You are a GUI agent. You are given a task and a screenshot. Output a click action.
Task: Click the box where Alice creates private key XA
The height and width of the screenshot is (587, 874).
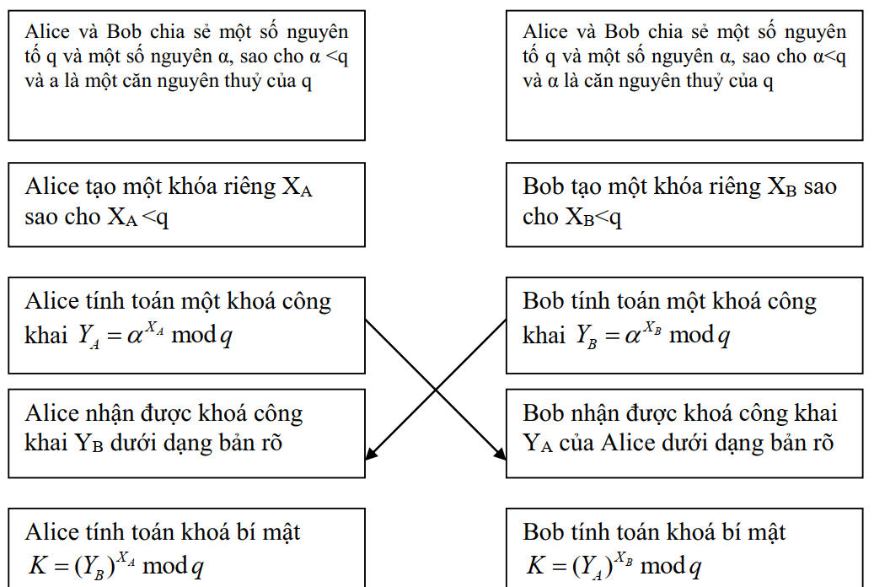pos(186,204)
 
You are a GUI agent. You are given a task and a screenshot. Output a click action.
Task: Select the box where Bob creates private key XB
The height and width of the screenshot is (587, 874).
pos(684,204)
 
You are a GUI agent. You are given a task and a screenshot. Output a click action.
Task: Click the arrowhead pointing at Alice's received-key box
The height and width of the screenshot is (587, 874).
pos(370,455)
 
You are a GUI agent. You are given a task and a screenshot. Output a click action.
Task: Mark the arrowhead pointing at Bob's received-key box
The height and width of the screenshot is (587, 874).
pos(501,455)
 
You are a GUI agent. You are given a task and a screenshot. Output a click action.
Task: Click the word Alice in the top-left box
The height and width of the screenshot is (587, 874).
pos(48,32)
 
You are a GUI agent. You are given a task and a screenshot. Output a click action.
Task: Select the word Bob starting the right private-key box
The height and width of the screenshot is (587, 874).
pos(545,186)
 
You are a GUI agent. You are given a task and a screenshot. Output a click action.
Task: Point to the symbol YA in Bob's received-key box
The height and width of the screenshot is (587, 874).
pos(538,444)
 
